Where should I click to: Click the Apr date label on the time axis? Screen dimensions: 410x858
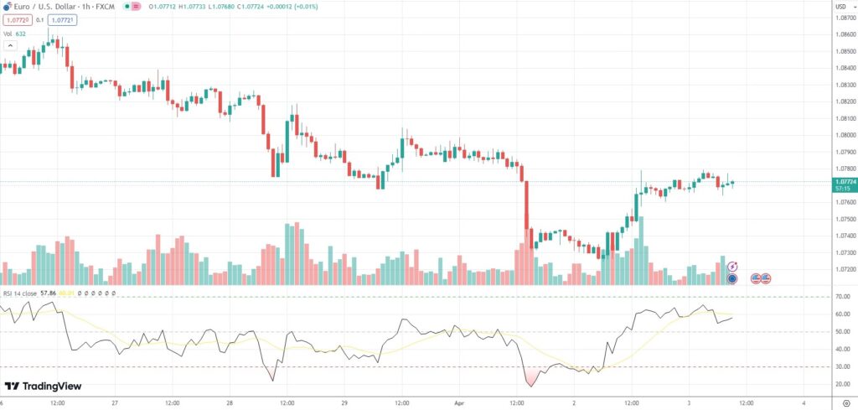click(459, 402)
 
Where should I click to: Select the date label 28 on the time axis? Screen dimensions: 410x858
click(229, 402)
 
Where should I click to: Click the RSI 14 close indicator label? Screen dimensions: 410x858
click(23, 293)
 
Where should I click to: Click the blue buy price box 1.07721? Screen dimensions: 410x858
click(62, 20)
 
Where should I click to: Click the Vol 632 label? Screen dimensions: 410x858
click(13, 34)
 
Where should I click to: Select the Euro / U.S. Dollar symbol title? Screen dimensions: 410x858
click(47, 8)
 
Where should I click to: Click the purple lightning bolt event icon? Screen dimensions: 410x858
click(732, 266)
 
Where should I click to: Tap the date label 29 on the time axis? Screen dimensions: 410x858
click(344, 402)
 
